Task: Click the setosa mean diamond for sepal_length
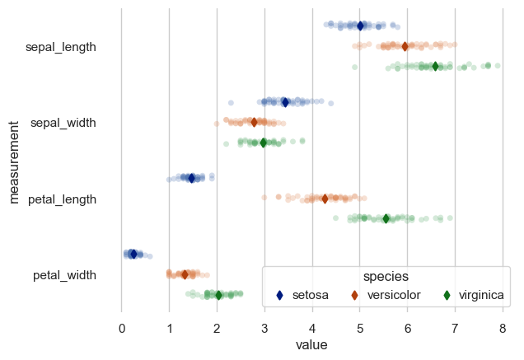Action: [x=360, y=26]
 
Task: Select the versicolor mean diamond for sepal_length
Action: [x=405, y=46]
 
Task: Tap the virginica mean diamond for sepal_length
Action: [x=436, y=66]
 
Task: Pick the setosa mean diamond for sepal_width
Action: [x=285, y=102]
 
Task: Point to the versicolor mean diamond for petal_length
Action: [x=325, y=199]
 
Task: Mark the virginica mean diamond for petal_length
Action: [x=386, y=218]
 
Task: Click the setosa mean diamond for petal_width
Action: [x=133, y=255]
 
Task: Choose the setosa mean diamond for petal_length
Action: [x=191, y=178]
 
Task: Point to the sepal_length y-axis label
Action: [x=61, y=47]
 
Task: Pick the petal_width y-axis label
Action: [x=65, y=275]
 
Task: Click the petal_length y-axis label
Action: [x=63, y=199]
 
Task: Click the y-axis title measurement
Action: [x=14, y=161]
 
